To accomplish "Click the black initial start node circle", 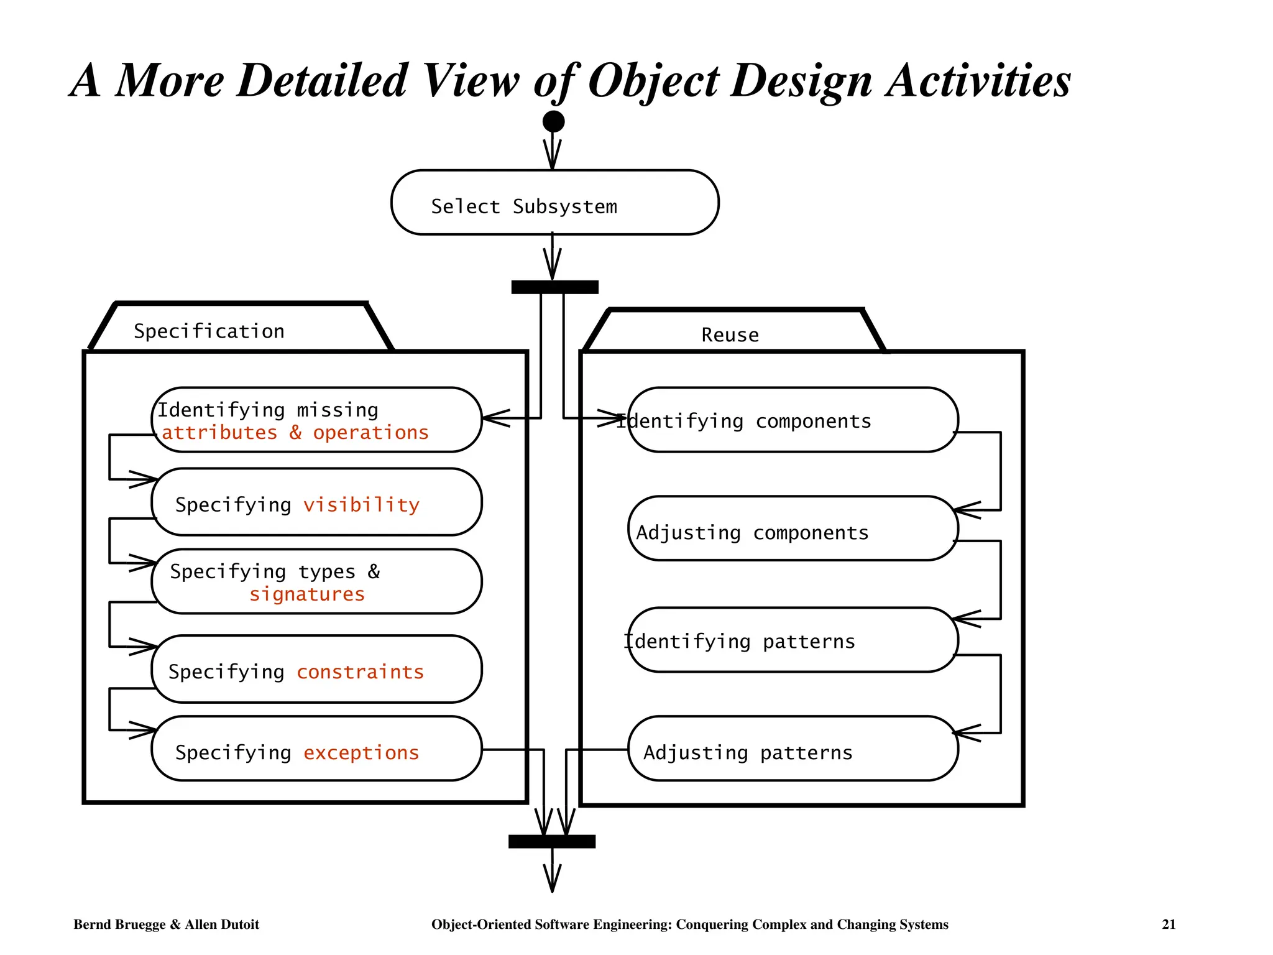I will pos(553,121).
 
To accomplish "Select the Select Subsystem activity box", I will pos(554,203).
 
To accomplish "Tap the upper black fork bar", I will pos(554,287).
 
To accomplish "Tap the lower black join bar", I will pos(552,841).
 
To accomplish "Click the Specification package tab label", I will pos(209,331).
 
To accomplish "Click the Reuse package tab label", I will pos(730,335).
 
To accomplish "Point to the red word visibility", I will pos(361,505).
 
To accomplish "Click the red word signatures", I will pos(307,594).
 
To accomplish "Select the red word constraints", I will pos(360,672).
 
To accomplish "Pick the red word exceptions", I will pos(361,753).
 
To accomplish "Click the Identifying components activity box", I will pos(793,420).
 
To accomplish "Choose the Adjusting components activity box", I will pos(793,529).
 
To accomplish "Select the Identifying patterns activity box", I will pos(793,640).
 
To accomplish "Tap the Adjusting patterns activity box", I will pos(793,749).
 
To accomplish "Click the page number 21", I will pos(1169,925).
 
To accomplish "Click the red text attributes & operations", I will pos(295,433).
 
